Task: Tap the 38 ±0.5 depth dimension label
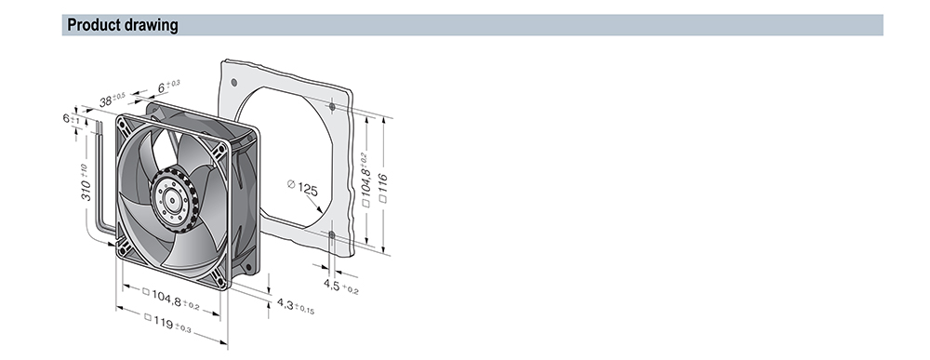click(113, 100)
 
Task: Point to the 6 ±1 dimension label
click(72, 118)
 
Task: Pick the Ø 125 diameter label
click(302, 187)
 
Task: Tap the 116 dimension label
click(382, 187)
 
